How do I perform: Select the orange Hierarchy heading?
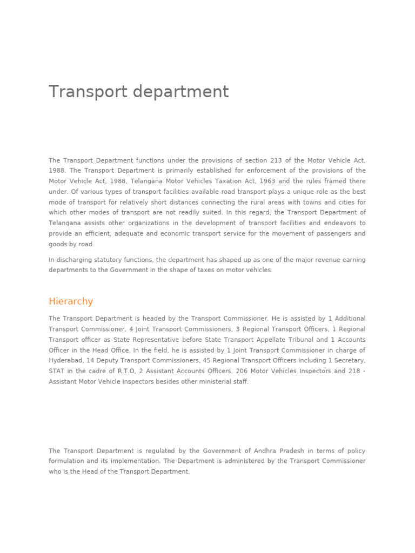click(x=71, y=301)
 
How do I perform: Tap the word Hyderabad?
click(x=65, y=361)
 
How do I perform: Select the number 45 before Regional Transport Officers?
click(x=206, y=361)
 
